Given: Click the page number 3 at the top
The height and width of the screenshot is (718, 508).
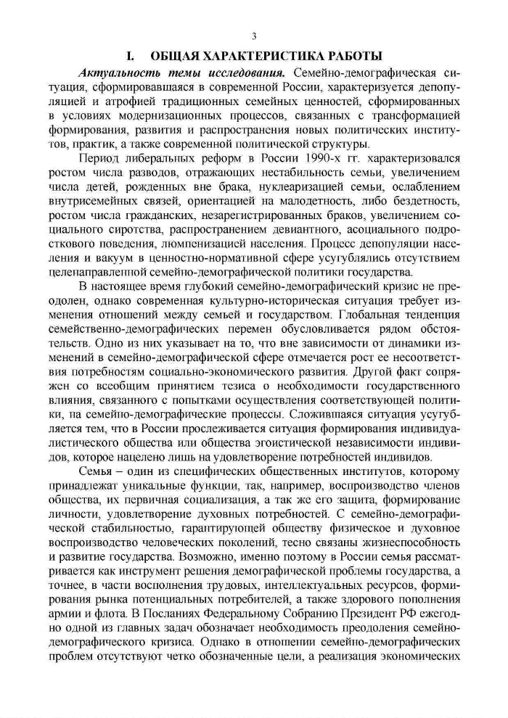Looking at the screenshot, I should coord(254,36).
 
